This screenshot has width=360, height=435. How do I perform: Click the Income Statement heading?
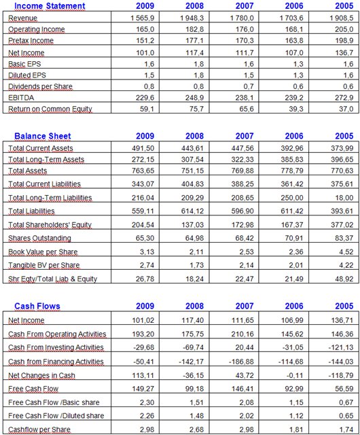[50, 6]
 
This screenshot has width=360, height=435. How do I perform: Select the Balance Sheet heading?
[42, 136]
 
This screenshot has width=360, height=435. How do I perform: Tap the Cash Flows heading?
[37, 306]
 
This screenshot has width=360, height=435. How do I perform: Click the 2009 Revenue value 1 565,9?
[143, 18]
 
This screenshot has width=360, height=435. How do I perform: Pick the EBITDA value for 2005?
[342, 98]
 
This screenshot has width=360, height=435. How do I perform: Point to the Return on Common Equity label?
[50, 109]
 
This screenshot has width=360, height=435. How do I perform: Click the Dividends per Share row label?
[40, 86]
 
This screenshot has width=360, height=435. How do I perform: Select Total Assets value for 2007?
[242, 171]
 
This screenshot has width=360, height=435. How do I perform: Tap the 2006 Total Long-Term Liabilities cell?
[292, 198]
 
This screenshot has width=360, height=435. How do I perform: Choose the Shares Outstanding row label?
[39, 239]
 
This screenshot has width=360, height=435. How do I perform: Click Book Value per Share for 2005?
[346, 252]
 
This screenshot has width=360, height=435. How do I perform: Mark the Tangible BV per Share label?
[44, 266]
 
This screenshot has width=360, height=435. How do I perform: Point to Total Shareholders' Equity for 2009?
[143, 225]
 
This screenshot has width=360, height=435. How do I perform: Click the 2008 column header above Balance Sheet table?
[194, 136]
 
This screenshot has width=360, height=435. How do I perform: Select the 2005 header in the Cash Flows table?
[344, 306]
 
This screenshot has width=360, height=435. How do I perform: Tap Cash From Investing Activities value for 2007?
[245, 347]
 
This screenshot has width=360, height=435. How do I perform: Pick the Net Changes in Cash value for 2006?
[295, 375]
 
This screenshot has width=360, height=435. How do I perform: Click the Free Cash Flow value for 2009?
[143, 389]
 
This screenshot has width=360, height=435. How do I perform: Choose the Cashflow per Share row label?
[39, 430]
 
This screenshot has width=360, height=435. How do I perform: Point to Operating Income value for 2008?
[195, 29]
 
